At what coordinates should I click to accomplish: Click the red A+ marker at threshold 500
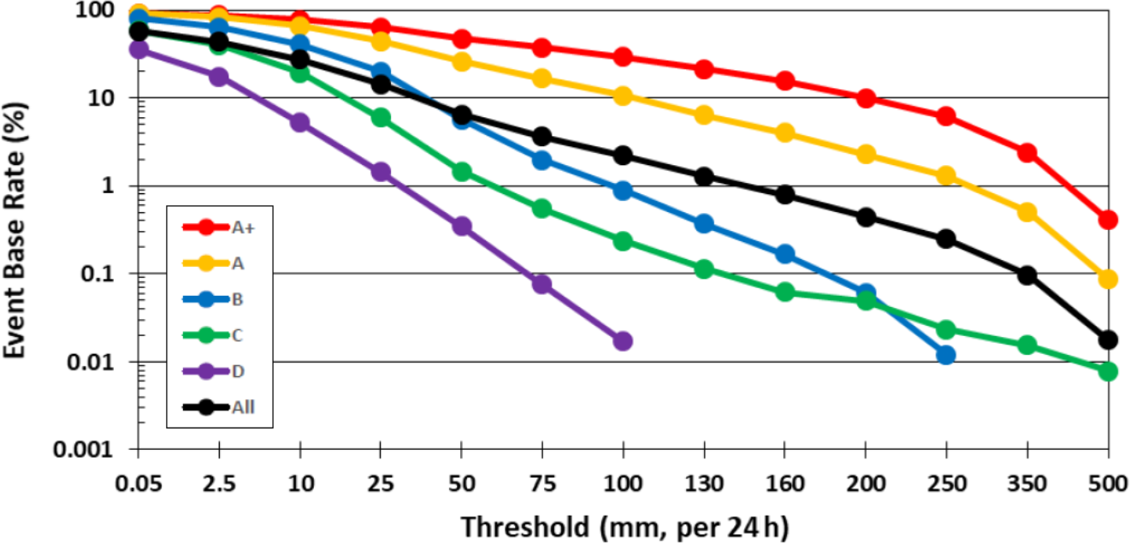(x=1108, y=220)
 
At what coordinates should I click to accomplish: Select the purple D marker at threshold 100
(x=623, y=341)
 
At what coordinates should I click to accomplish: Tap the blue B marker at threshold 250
(x=946, y=355)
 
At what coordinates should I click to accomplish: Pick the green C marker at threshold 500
(x=1108, y=371)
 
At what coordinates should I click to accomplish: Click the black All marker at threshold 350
(x=1027, y=275)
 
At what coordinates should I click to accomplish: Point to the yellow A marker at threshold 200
(x=866, y=155)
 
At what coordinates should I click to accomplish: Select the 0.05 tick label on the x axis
(x=138, y=483)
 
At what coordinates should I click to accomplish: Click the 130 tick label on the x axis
(x=704, y=483)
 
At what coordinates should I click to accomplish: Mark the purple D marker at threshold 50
(x=462, y=227)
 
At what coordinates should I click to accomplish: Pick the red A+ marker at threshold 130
(x=704, y=69)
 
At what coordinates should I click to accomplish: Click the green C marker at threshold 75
(x=542, y=209)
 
